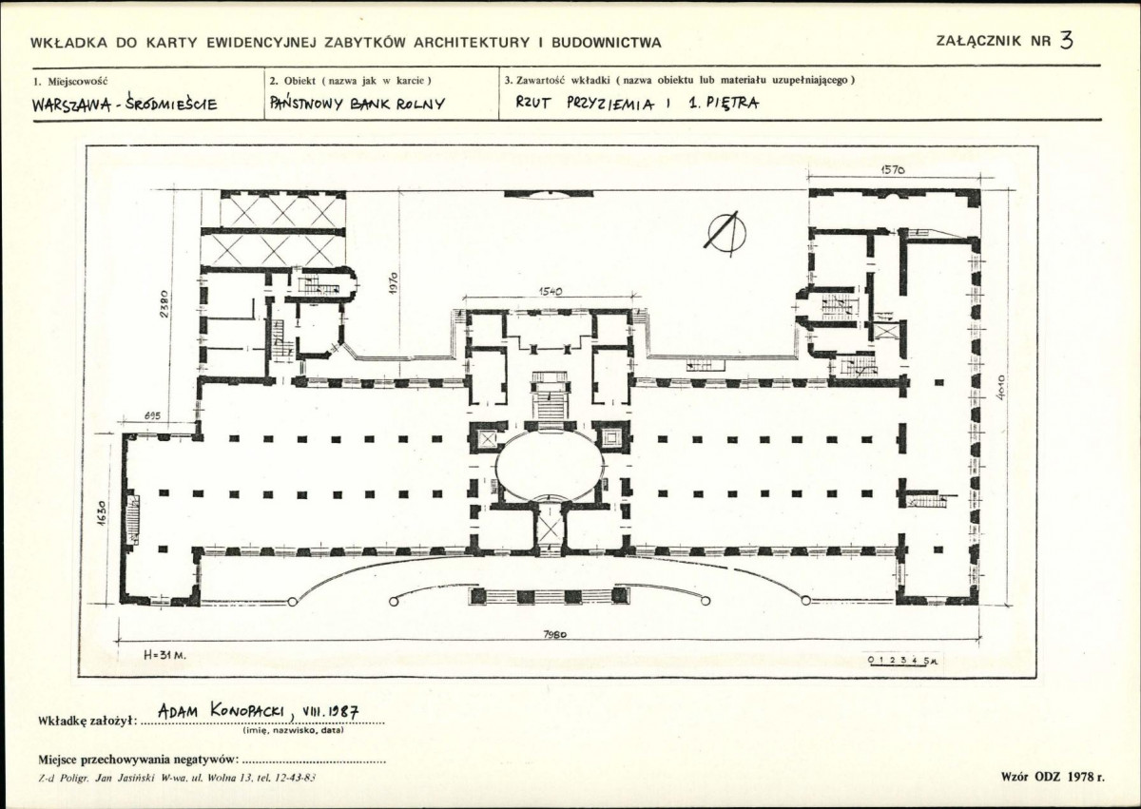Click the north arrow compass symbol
coord(726,234)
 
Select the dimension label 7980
coord(554,634)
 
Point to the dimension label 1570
coord(893,170)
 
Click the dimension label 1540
coord(551,291)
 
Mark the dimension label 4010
coord(1000,389)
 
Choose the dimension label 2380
coord(163,303)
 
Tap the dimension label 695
coord(152,416)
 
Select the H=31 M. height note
coord(164,656)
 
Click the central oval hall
coord(550,464)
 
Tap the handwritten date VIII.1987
coord(330,711)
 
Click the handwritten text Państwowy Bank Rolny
coord(358,104)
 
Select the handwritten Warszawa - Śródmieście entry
coord(125,105)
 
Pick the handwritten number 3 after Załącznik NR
coord(1066,40)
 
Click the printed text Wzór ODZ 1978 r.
coord(1053,778)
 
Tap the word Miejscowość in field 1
coord(77,81)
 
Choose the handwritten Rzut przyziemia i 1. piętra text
coord(637,103)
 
